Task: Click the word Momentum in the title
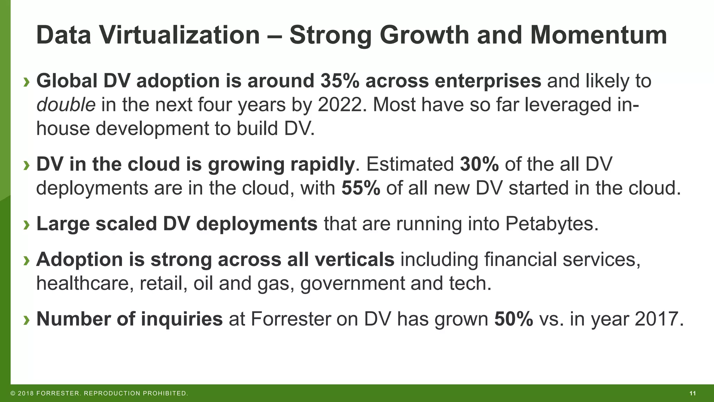598,36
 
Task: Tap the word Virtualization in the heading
179,36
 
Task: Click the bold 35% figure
340,81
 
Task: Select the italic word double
66,105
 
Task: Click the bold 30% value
479,164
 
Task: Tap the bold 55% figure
360,188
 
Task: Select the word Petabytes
552,224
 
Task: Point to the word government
352,283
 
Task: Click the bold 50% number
513,319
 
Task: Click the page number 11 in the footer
692,394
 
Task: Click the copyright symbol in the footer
13,394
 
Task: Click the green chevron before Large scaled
26,225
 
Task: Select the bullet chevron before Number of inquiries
26,320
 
